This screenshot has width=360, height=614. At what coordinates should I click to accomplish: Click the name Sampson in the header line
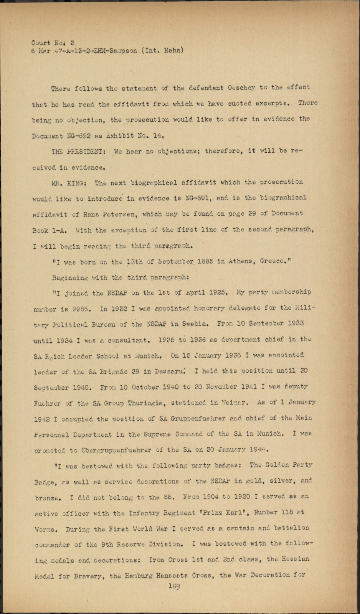124,51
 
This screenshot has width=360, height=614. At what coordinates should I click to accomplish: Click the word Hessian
293,559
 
